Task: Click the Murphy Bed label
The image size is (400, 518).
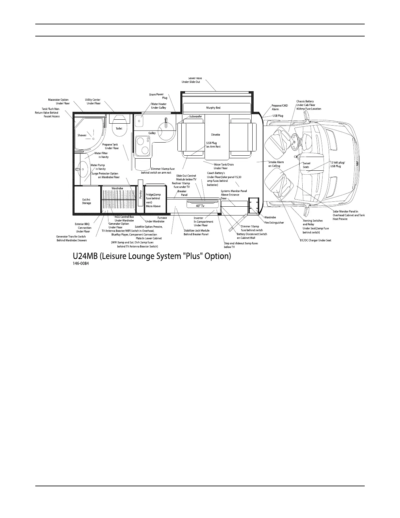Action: click(213, 108)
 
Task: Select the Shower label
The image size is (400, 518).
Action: click(82, 135)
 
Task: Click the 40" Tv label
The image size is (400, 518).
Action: click(200, 206)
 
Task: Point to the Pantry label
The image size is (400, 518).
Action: click(141, 194)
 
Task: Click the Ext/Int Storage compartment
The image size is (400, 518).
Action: click(87, 201)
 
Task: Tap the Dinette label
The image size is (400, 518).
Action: click(215, 135)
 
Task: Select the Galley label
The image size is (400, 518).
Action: click(152, 133)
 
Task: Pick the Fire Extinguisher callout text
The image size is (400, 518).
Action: click(274, 223)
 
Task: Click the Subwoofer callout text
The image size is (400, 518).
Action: click(196, 116)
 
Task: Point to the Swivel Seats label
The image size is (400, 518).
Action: click(306, 165)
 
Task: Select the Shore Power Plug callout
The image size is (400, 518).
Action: click(158, 96)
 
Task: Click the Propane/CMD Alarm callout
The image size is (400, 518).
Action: click(279, 107)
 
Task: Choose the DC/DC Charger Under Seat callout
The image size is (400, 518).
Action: click(315, 240)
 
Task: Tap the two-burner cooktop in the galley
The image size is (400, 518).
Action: click(143, 146)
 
